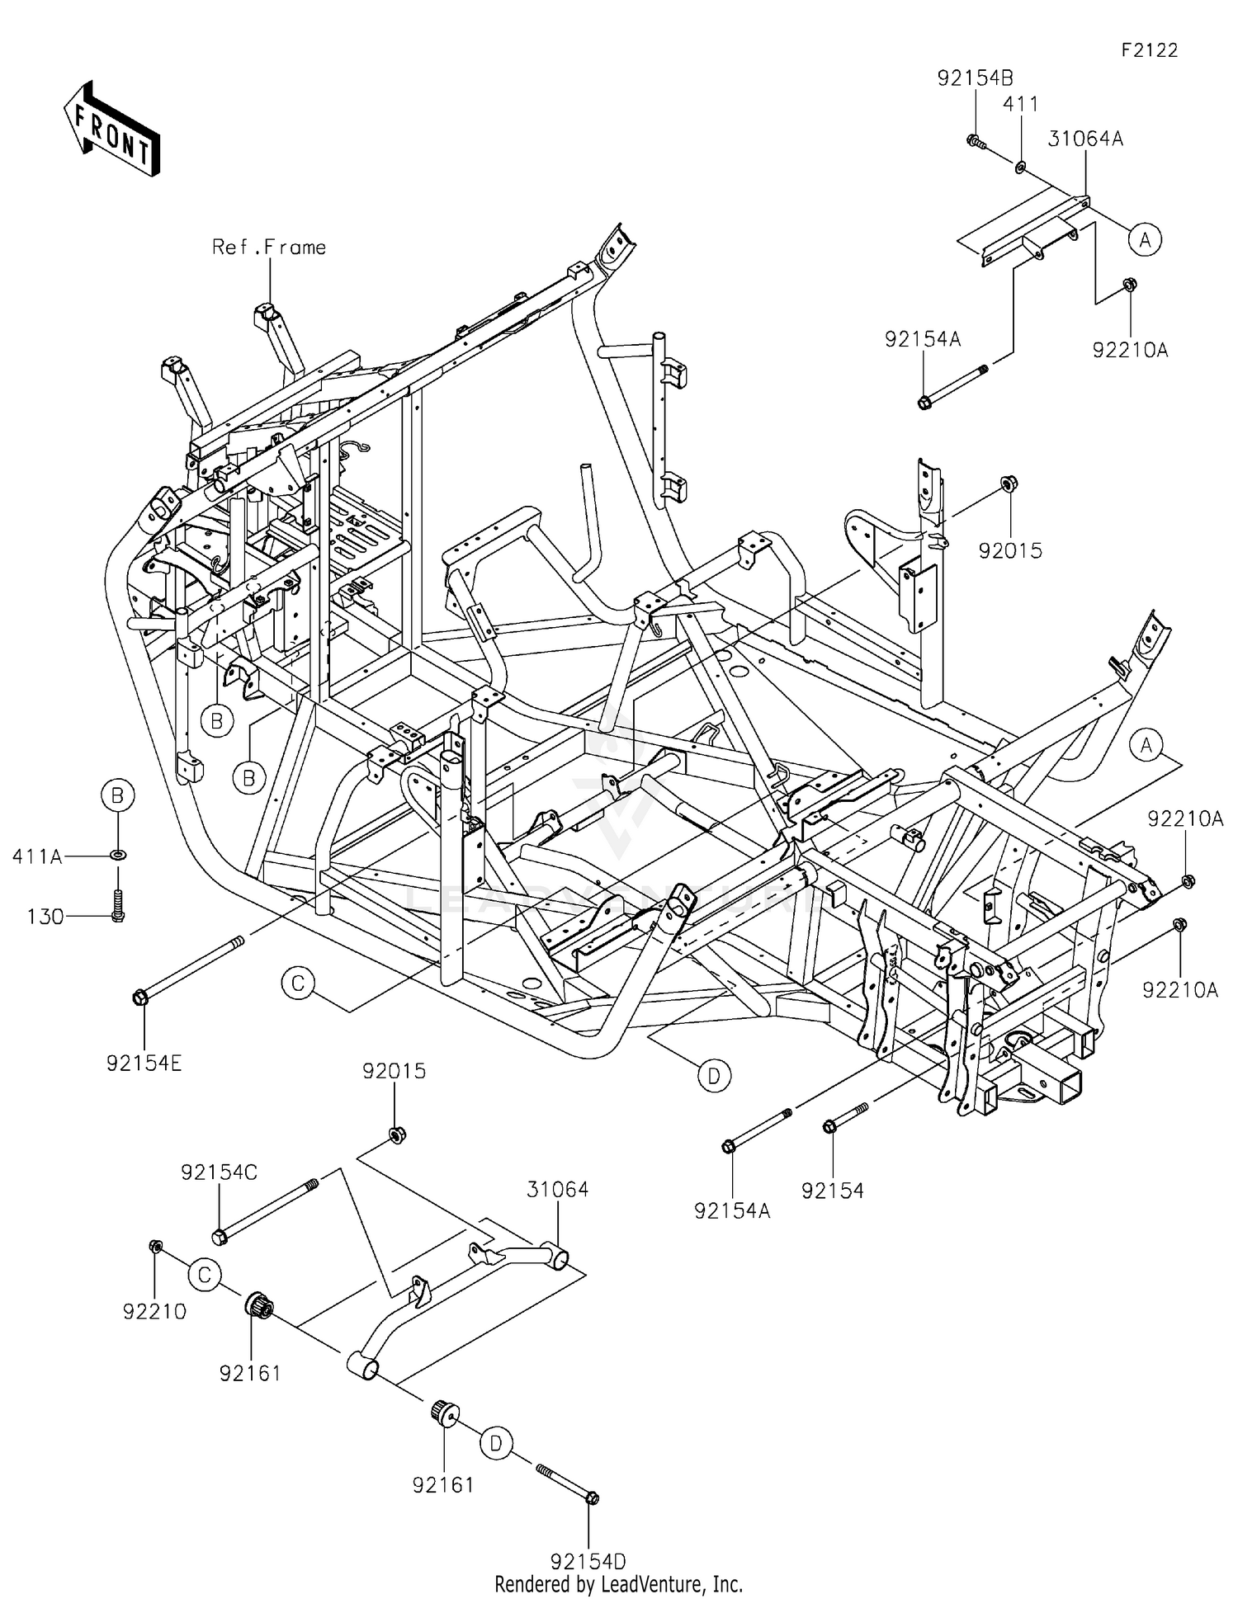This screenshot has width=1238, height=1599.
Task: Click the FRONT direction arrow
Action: pyautogui.click(x=111, y=128)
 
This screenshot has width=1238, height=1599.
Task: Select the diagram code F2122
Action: pyautogui.click(x=1149, y=50)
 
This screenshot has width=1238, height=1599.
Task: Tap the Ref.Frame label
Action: pyautogui.click(x=269, y=247)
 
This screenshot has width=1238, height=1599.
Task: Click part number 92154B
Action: pyautogui.click(x=975, y=78)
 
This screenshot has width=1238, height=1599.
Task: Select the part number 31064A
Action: pyautogui.click(x=1085, y=139)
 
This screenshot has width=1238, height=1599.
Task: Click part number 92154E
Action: pyautogui.click(x=144, y=1064)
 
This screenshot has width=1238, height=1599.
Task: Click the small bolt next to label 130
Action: pyautogui.click(x=117, y=906)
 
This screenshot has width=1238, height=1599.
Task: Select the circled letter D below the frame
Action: pyautogui.click(x=713, y=1075)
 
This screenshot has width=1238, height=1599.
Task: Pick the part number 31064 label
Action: pyautogui.click(x=558, y=1189)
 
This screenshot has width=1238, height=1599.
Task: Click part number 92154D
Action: pyautogui.click(x=588, y=1561)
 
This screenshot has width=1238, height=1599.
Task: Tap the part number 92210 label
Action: pyautogui.click(x=155, y=1311)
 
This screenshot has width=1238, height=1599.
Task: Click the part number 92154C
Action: pyautogui.click(x=220, y=1172)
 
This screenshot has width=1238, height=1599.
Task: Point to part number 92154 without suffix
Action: pyautogui.click(x=832, y=1190)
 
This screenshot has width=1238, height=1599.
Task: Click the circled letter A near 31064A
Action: pyautogui.click(x=1145, y=239)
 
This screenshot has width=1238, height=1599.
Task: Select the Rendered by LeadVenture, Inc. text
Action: pyautogui.click(x=618, y=1584)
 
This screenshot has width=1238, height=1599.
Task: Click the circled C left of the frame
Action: pyautogui.click(x=298, y=983)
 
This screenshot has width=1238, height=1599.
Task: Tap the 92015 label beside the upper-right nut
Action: pyautogui.click(x=1010, y=550)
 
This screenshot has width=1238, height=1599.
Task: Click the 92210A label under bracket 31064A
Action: pyautogui.click(x=1130, y=350)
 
